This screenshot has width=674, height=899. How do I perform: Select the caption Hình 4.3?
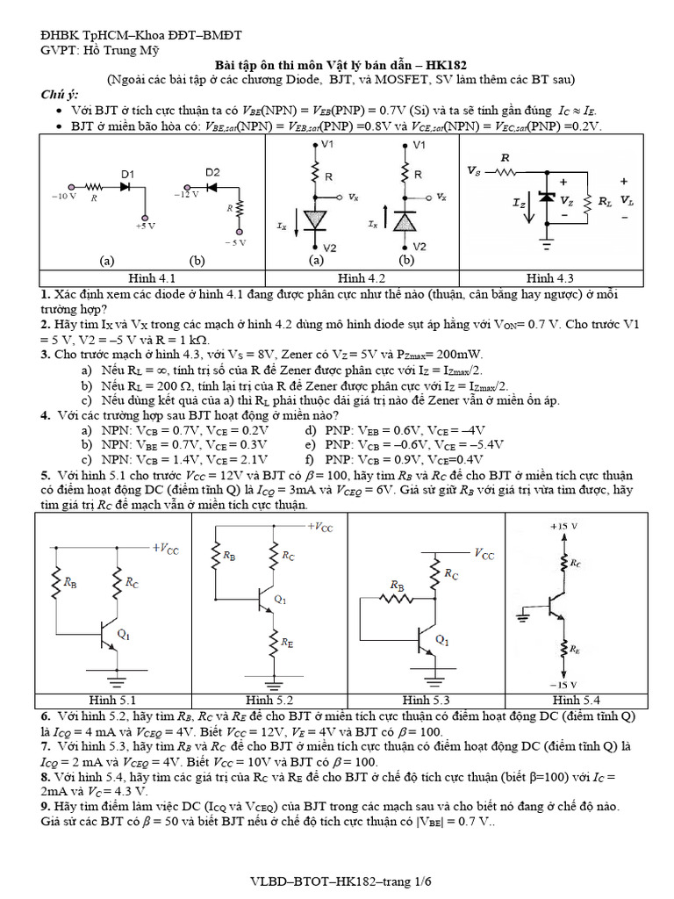point(552,277)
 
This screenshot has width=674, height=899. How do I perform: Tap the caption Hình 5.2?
point(269,700)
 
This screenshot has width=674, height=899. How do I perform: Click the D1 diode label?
point(127,174)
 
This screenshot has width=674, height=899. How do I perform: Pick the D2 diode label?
point(212,171)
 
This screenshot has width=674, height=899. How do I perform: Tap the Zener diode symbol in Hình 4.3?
point(547,198)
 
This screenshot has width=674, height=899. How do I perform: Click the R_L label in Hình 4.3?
point(606,200)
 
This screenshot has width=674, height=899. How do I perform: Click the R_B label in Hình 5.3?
point(397,585)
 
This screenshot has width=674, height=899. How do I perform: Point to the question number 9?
point(45,805)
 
